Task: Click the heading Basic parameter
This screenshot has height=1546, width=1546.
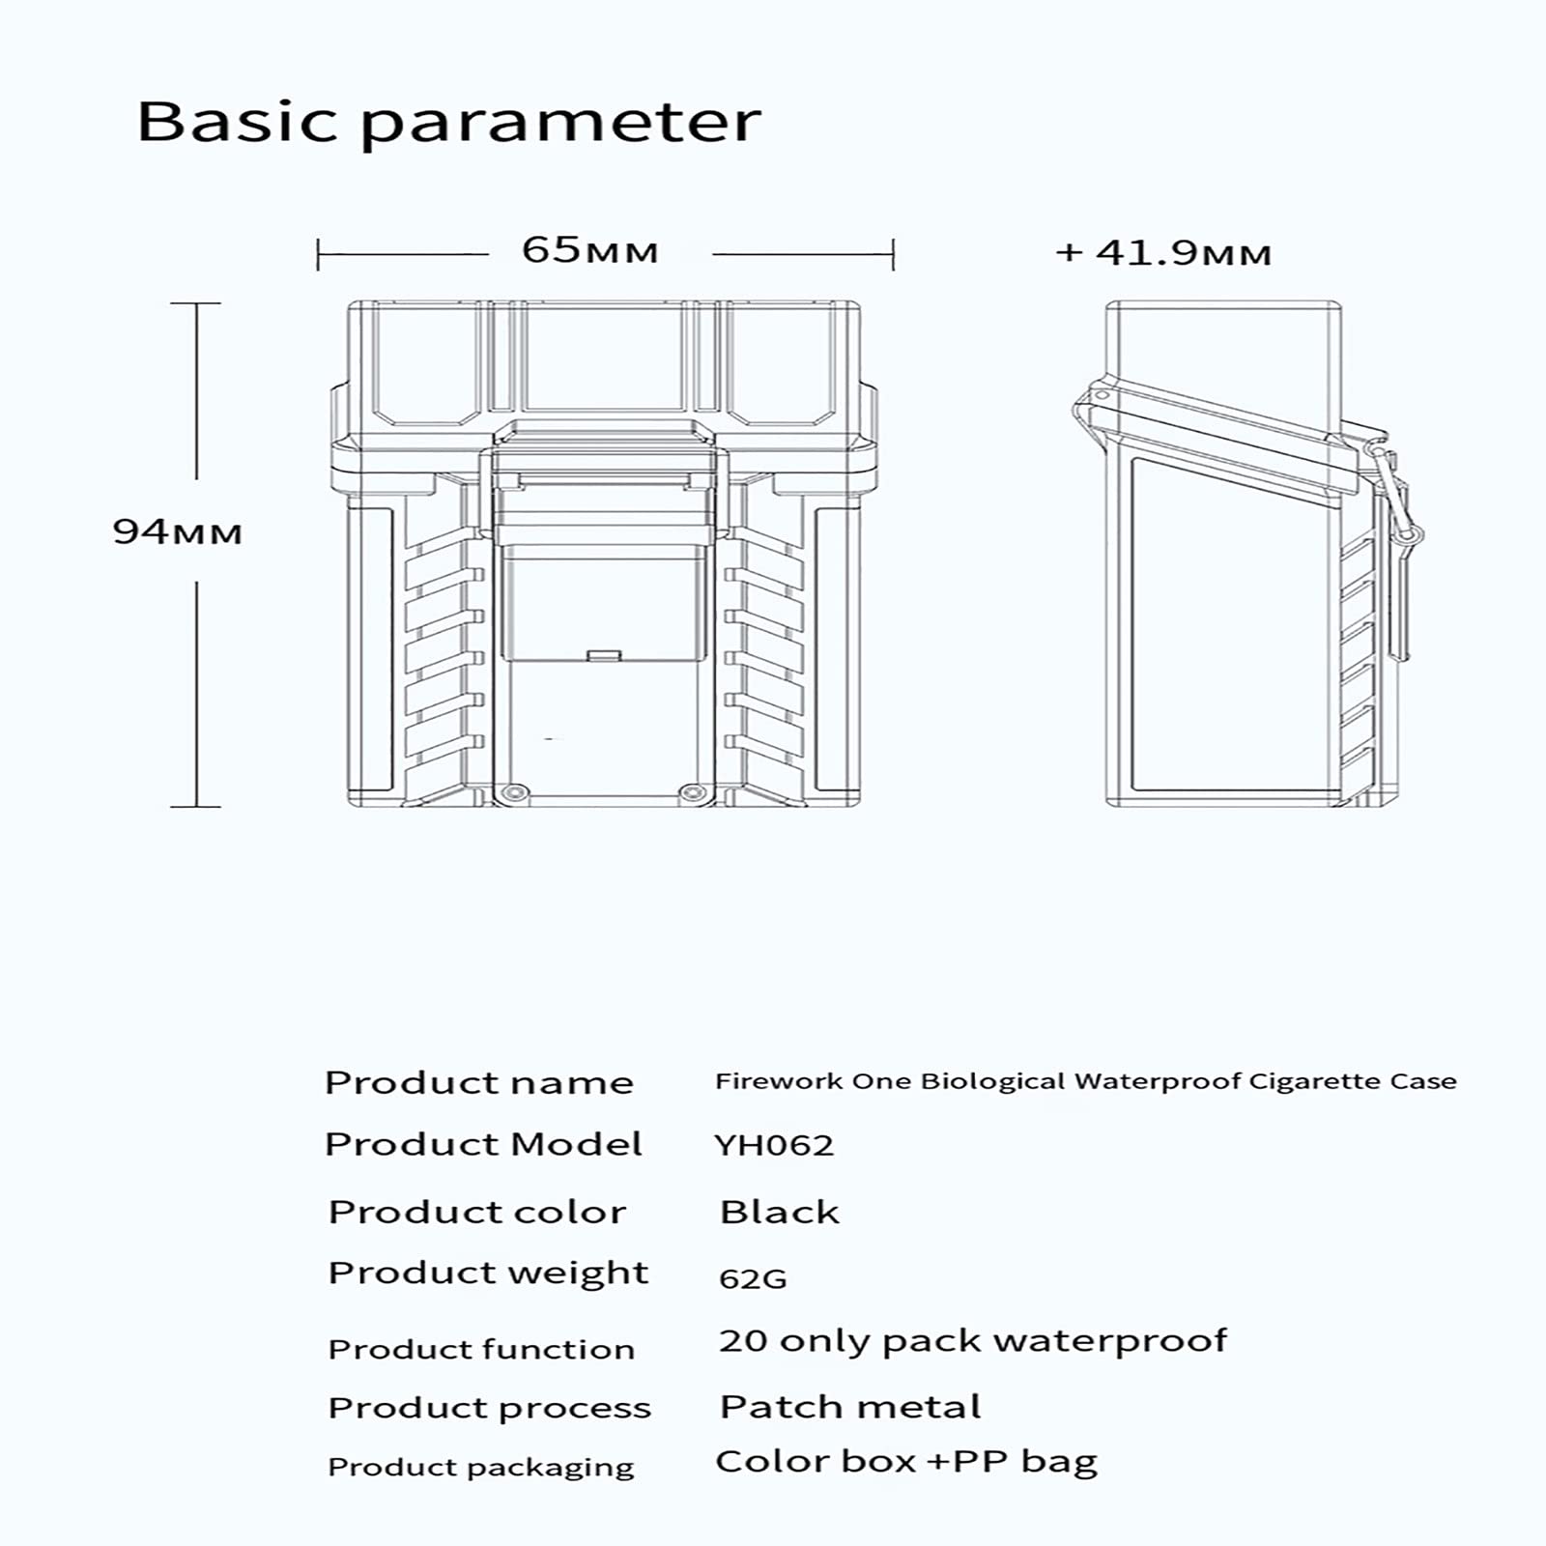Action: (x=449, y=123)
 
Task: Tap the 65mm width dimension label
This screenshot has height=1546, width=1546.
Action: (x=589, y=250)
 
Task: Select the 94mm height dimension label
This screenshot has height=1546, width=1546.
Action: (x=178, y=531)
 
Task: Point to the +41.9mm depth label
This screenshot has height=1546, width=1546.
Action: (x=1163, y=253)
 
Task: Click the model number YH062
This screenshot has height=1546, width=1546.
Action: (x=774, y=1145)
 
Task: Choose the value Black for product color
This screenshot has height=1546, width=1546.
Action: (x=780, y=1212)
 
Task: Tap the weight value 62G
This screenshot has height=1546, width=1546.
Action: (x=753, y=1278)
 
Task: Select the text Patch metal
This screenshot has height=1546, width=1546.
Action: (x=850, y=1407)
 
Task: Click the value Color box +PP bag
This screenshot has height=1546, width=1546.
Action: (x=906, y=1463)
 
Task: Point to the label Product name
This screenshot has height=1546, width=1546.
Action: (x=479, y=1082)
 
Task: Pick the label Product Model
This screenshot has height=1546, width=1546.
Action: (x=483, y=1144)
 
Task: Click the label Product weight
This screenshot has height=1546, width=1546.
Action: (x=488, y=1274)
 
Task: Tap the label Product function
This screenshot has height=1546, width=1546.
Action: (x=481, y=1349)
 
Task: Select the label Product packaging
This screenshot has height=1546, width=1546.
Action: (x=481, y=1468)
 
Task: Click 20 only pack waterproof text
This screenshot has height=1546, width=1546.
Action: (x=973, y=1341)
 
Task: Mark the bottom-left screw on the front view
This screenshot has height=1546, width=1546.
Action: (x=513, y=793)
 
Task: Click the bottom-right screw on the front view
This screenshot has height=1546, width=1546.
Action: (x=690, y=793)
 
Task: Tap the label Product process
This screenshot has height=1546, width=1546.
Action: (x=489, y=1409)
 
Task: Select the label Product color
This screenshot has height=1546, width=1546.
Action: (x=477, y=1212)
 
